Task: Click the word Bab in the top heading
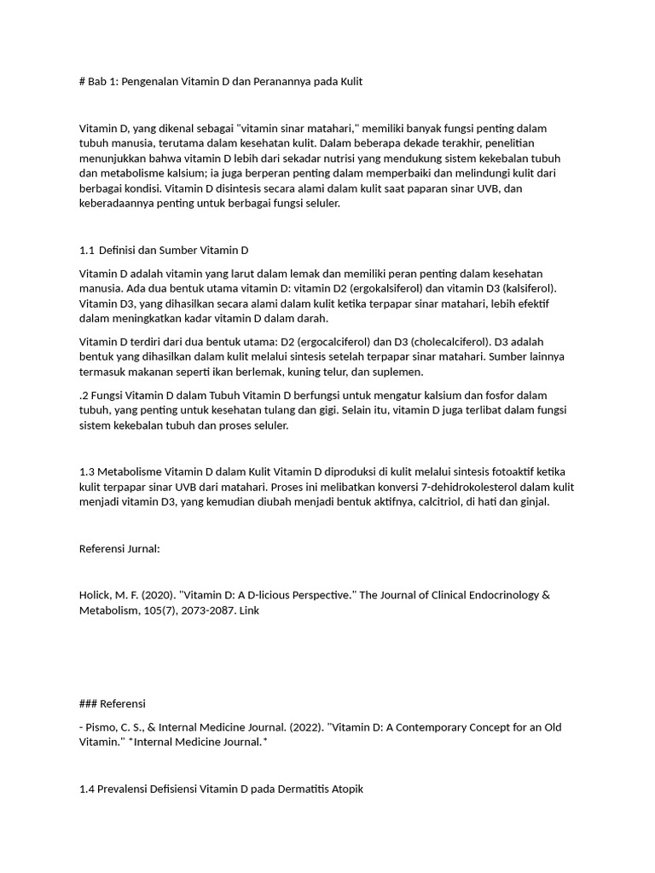click(98, 82)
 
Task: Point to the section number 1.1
click(86, 250)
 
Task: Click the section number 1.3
click(86, 471)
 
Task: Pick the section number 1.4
click(86, 789)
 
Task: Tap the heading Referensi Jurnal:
click(119, 549)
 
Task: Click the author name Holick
click(96, 595)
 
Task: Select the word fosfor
click(480, 396)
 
